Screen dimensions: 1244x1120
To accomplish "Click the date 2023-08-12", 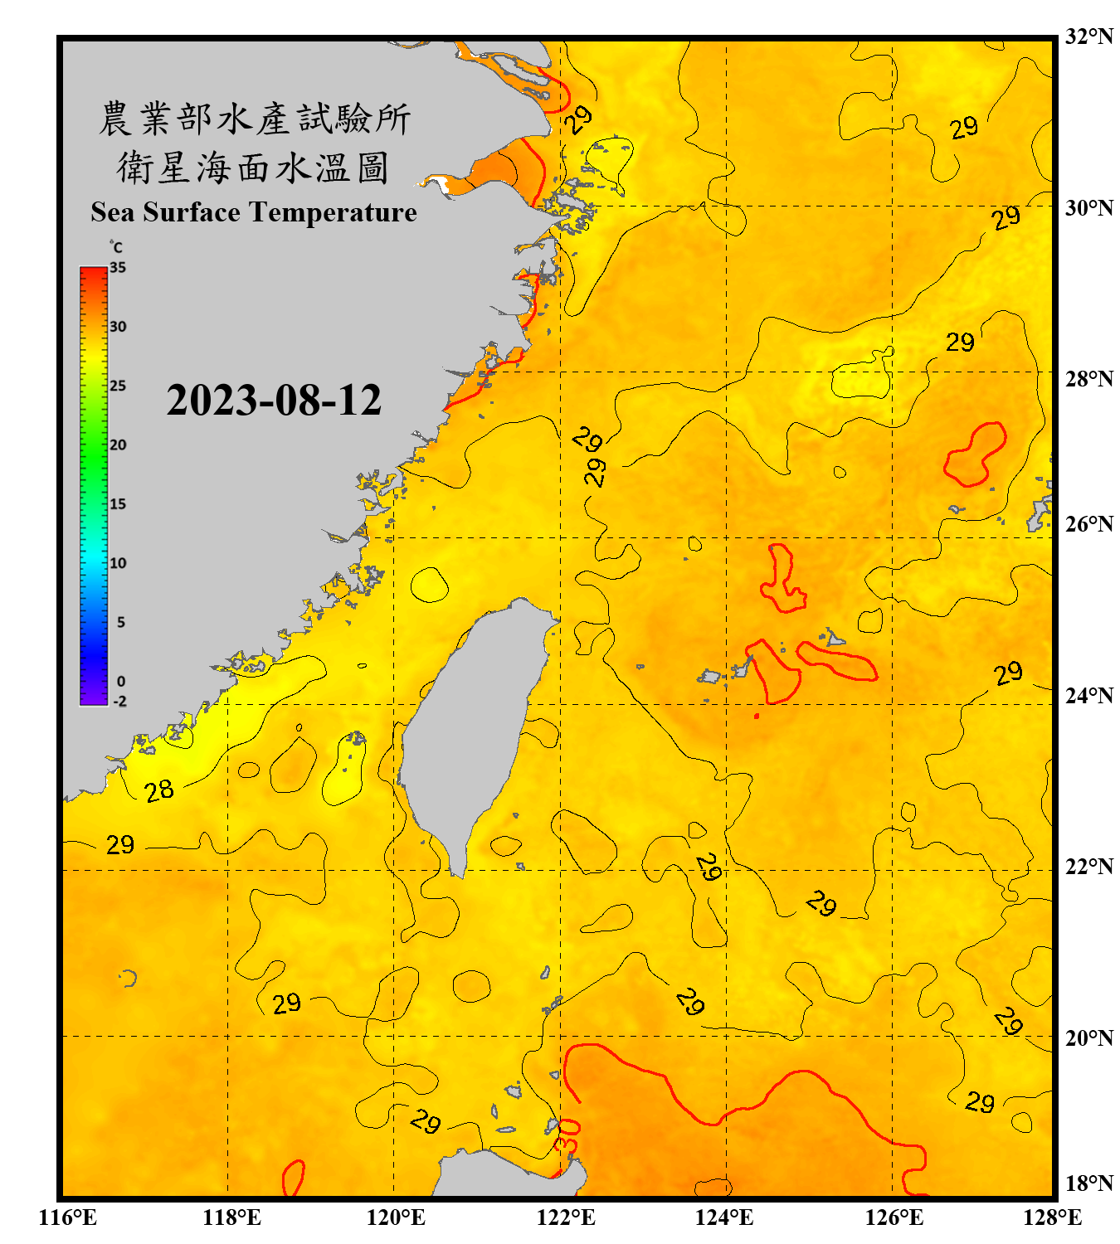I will tap(274, 401).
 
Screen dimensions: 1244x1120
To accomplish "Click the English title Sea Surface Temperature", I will tap(254, 212).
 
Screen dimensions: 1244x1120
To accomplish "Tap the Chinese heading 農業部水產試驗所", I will tap(255, 119).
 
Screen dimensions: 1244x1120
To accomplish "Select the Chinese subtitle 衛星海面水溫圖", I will tap(253, 168).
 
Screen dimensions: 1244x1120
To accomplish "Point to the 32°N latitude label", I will tap(1088, 36).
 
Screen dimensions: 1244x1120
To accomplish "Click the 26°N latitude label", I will tap(1088, 524).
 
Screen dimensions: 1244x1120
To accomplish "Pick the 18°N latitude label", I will tap(1088, 1183).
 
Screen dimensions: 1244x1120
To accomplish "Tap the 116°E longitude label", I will tap(68, 1217).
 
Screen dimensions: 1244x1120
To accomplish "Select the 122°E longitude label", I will tap(566, 1217).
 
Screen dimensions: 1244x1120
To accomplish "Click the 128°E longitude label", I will tap(1052, 1217).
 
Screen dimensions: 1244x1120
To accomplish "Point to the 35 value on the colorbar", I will tap(118, 268).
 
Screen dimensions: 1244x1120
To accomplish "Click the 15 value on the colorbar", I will tap(118, 504).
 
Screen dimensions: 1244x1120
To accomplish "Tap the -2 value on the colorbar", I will tap(119, 702).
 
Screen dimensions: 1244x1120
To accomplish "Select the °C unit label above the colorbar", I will tap(116, 247).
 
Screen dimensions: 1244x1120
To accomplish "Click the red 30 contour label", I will tap(568, 1135).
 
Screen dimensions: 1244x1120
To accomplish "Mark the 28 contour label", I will tap(159, 790).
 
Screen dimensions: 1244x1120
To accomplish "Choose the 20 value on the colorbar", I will tap(118, 445).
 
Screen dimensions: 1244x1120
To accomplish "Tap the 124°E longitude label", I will tap(724, 1217).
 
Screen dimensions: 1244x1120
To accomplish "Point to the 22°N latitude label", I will tap(1088, 867).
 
